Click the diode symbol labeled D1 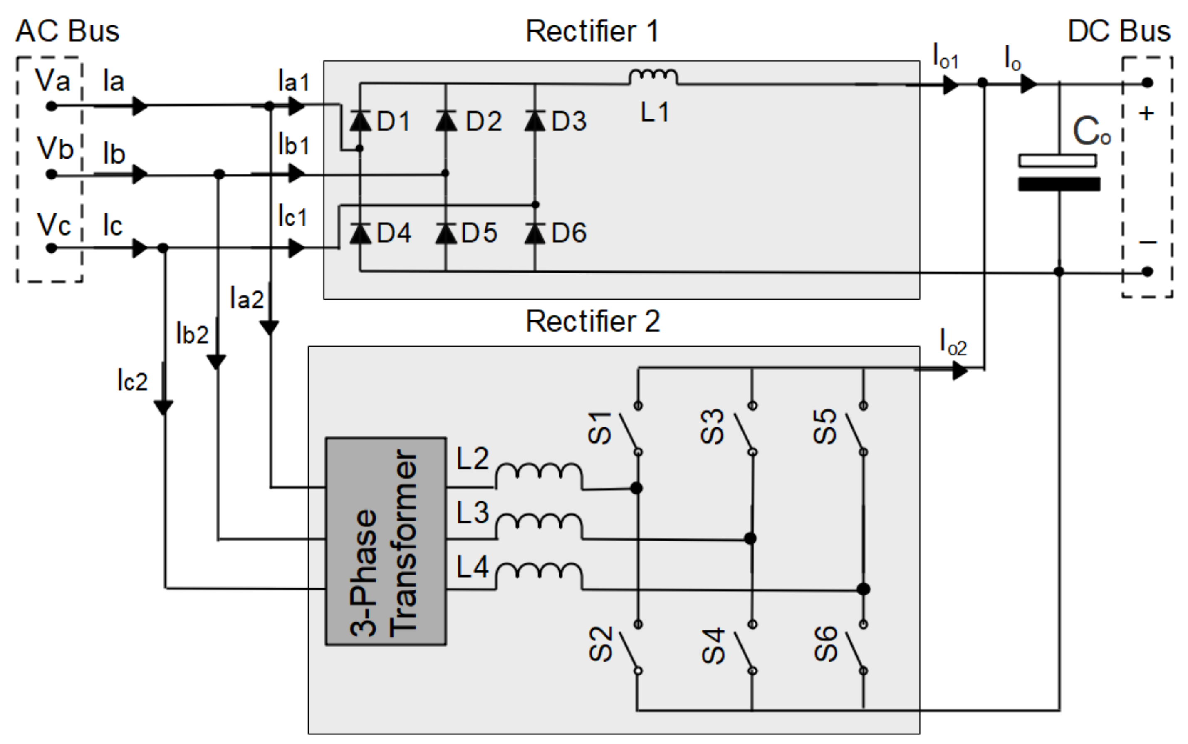point(360,121)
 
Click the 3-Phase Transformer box point(386,541)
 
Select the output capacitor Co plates point(1059,172)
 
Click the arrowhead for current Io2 point(959,370)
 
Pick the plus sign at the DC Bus point(1146,114)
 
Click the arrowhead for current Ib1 point(296,173)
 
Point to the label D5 point(479,233)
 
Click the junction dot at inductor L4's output point(863,589)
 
